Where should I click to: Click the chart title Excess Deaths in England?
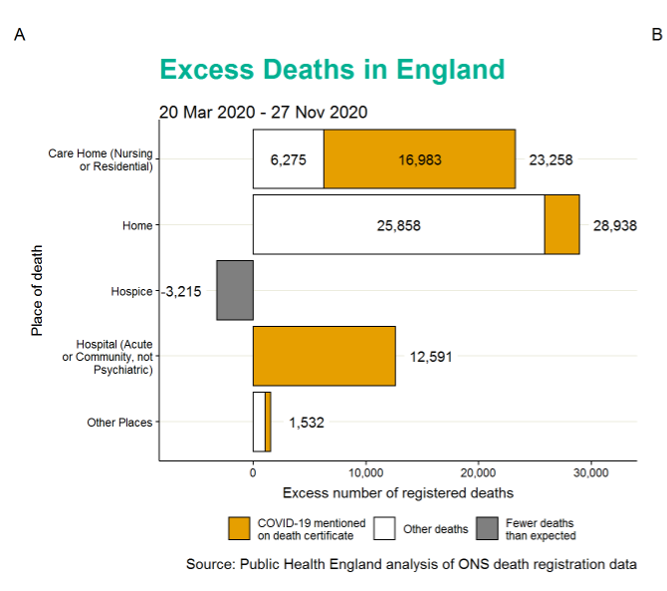[332, 70]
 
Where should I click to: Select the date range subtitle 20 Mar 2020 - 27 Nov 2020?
[263, 112]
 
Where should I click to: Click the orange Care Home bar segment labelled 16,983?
[419, 159]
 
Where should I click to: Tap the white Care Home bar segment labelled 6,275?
[288, 159]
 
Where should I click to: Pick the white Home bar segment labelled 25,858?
[398, 225]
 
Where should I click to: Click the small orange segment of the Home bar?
[561, 225]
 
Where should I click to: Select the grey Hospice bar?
[235, 291]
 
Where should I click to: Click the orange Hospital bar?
[324, 356]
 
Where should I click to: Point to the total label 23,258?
[551, 159]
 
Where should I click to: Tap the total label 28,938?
[614, 225]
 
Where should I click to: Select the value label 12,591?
[430, 356]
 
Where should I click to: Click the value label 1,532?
[306, 423]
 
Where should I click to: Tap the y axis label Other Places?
[119, 423]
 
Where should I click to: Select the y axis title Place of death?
[37, 290]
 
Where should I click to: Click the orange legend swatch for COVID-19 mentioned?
[239, 528]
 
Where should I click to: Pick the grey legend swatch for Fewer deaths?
[487, 528]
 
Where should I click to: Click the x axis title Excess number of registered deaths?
[398, 493]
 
